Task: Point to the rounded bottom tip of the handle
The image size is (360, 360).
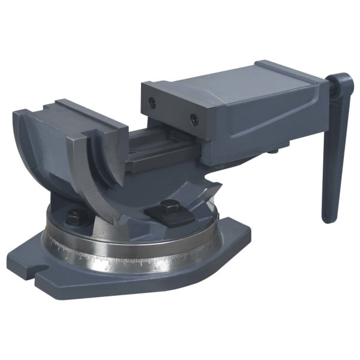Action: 328,217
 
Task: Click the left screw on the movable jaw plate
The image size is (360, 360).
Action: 152,103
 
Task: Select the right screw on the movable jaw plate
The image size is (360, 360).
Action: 194,119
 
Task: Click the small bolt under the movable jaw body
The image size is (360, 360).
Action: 273,151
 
